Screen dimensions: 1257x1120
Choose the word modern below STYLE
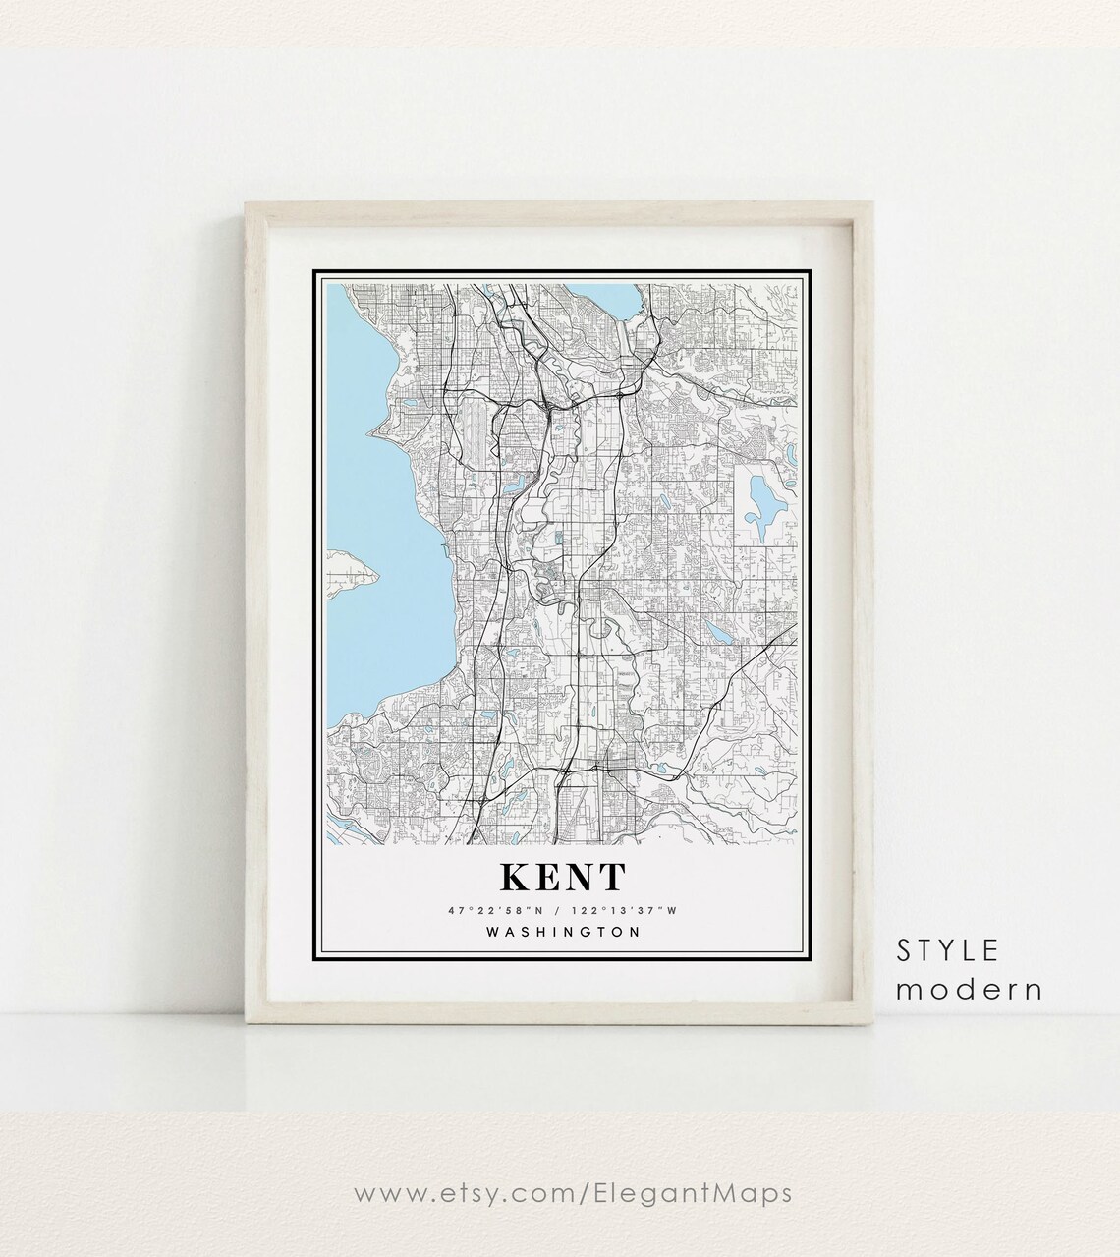tap(969, 988)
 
